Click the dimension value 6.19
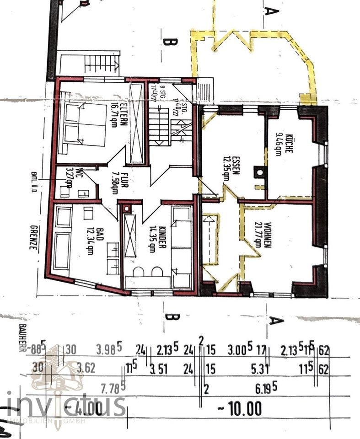(266, 389)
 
